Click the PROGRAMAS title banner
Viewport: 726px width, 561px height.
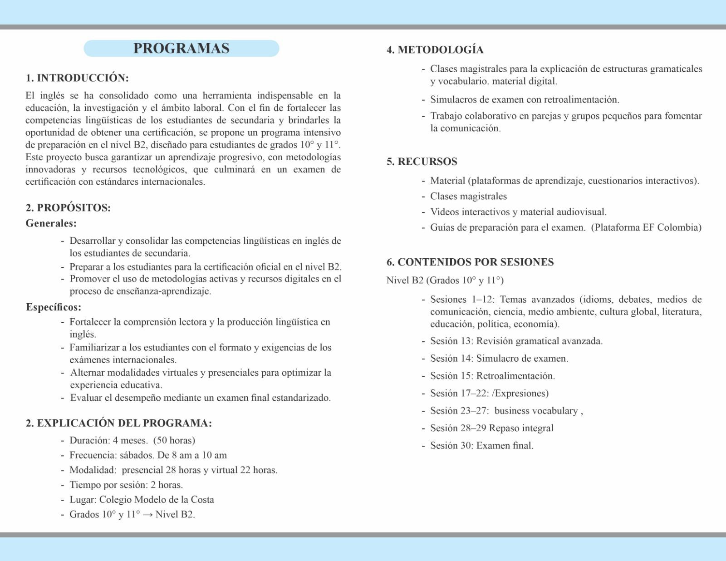click(x=181, y=49)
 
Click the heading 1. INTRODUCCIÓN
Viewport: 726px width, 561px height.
click(x=77, y=78)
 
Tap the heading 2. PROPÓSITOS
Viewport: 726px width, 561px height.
click(x=68, y=208)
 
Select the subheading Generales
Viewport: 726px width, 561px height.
click(x=51, y=223)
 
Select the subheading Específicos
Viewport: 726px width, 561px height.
click(x=54, y=307)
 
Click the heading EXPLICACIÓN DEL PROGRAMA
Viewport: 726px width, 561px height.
click(x=119, y=423)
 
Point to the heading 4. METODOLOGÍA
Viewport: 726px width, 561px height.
click(x=435, y=50)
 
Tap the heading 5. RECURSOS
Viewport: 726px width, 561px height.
click(x=422, y=162)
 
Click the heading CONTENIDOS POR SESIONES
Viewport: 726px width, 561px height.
click(x=470, y=262)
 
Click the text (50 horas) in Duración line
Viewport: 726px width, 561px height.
click(x=174, y=441)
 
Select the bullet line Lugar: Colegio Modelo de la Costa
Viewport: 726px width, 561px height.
click(x=142, y=500)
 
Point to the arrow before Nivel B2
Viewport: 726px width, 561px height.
click(x=147, y=515)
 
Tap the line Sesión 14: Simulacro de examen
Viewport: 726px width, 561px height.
click(x=499, y=359)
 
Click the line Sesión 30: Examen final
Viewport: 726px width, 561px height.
click(x=482, y=446)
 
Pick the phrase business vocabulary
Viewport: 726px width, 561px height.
click(x=536, y=411)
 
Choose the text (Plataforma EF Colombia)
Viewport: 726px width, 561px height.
click(x=646, y=227)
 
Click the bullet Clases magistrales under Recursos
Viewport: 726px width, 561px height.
click(x=468, y=197)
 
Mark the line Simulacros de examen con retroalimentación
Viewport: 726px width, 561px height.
click(x=525, y=100)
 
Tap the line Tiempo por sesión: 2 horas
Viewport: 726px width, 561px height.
click(x=126, y=485)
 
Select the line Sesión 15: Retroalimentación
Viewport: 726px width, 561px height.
click(x=493, y=376)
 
